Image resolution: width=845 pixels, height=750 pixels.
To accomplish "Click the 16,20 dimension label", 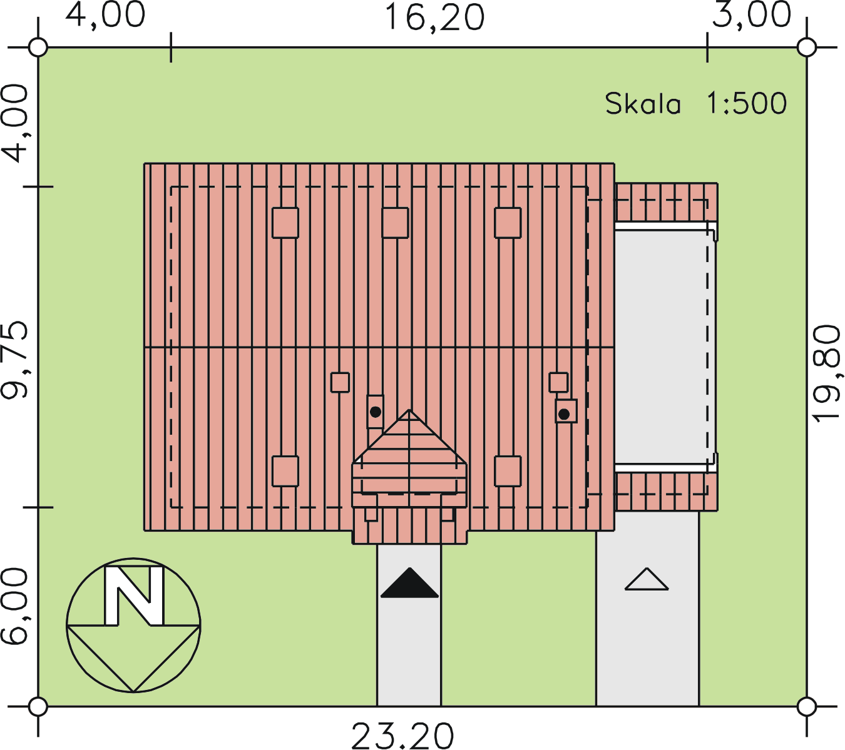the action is (x=434, y=18).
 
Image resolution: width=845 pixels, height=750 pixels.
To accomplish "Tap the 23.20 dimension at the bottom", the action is (x=402, y=736).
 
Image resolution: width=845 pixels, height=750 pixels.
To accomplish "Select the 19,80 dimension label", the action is (x=826, y=373).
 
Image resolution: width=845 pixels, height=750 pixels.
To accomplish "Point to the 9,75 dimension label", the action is (x=15, y=360).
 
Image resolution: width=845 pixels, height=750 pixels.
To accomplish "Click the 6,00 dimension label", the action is (x=15, y=606).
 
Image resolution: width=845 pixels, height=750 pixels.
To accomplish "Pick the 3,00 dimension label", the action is (x=751, y=15).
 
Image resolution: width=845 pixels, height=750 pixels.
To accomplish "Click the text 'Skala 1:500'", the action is (x=695, y=103).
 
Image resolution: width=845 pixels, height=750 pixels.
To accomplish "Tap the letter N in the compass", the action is (x=133, y=596).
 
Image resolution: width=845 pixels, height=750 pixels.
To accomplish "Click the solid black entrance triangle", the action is (x=409, y=583).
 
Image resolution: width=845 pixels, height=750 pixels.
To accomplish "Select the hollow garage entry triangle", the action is (x=647, y=579).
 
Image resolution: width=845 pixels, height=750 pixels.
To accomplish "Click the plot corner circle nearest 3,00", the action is (x=807, y=47).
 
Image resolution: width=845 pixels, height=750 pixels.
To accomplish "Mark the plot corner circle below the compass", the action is (x=38, y=707).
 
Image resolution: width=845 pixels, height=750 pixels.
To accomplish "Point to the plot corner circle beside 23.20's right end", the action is (x=807, y=707).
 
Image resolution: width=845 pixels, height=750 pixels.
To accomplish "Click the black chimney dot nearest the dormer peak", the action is (x=376, y=412).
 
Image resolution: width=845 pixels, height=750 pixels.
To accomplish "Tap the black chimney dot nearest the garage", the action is (x=564, y=414).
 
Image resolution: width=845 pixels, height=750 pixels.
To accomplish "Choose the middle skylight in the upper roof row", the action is (x=396, y=223).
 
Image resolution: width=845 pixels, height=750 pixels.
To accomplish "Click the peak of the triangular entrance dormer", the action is (x=409, y=410).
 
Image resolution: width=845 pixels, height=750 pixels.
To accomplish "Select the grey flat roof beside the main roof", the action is (x=665, y=347).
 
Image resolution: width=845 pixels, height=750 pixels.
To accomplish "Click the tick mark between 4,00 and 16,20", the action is (x=171, y=47).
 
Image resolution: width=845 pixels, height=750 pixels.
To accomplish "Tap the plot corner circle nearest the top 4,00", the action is (x=38, y=47).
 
